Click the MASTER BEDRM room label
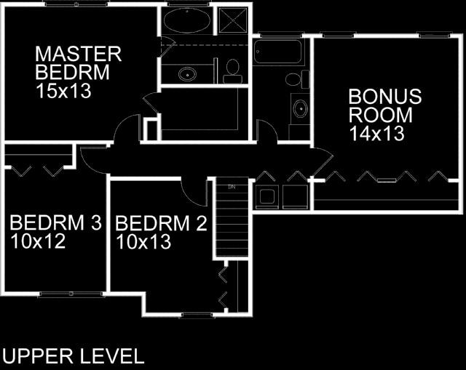click(78, 63)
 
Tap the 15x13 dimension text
click(63, 91)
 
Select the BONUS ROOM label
click(385, 105)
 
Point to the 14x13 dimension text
click(377, 134)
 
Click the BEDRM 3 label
click(55, 222)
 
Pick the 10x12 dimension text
click(38, 241)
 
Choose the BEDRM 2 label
click(161, 223)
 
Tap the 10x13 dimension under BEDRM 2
click(143, 242)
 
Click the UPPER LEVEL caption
click(73, 356)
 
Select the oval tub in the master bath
click(187, 20)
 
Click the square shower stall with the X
click(233, 20)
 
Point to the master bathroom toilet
click(232, 71)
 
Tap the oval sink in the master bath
click(187, 74)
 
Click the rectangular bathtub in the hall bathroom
click(277, 52)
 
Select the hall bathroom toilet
click(297, 79)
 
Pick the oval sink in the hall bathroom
click(301, 109)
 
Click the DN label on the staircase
click(232, 187)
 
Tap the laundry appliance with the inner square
click(267, 196)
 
